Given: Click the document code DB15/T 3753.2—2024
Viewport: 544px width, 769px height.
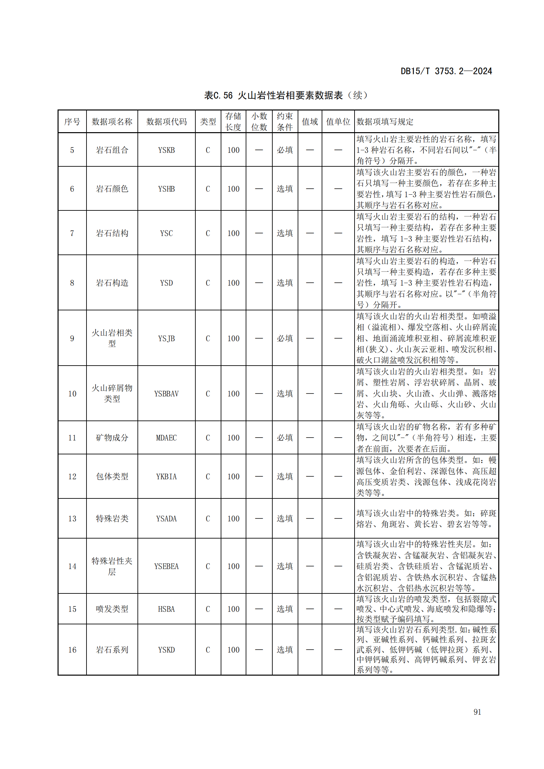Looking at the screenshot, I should (446, 71).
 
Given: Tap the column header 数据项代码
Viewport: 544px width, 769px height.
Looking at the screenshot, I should (166, 122).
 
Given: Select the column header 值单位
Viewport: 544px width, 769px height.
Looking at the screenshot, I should (338, 122).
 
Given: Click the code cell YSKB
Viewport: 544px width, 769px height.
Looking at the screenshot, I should (166, 150).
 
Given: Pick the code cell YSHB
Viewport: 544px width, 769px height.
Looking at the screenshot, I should (166, 189).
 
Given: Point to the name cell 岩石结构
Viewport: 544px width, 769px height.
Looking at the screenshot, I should (112, 233).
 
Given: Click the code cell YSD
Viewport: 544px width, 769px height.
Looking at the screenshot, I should (166, 283).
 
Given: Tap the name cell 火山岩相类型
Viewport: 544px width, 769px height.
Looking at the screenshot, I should (112, 338).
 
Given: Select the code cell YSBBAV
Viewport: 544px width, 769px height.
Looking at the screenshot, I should (166, 394).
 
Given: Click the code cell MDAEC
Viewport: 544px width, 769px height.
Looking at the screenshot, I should (166, 438).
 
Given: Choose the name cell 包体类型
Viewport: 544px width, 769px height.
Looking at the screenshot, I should (112, 476).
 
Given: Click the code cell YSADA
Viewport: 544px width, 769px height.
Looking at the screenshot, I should (166, 518).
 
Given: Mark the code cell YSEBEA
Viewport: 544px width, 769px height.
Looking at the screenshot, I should (166, 566).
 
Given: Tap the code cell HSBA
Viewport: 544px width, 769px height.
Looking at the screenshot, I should (166, 609).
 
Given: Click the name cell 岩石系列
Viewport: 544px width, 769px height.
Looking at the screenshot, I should (112, 650).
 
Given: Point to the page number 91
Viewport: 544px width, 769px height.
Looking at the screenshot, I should (477, 712).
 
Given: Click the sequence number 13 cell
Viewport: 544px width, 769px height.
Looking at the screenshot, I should (72, 518).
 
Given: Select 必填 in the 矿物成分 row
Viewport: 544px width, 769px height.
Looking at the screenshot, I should (285, 438).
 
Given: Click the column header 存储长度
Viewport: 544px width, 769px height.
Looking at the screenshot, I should (233, 122).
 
